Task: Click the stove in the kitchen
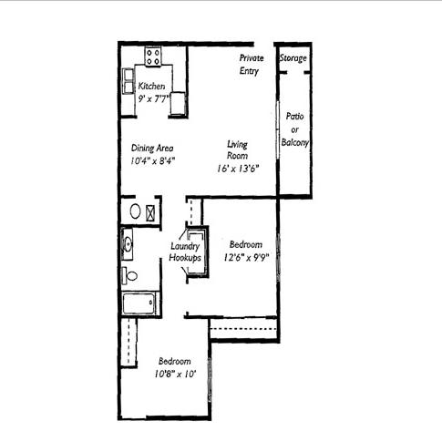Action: [x=153, y=57]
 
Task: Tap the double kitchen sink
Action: [x=128, y=80]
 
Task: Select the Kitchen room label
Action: [x=151, y=86]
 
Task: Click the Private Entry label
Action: [x=251, y=64]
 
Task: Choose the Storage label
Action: [x=293, y=58]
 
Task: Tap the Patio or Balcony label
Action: [x=294, y=129]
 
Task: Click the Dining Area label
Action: [x=152, y=149]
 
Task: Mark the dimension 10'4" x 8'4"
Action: [x=153, y=160]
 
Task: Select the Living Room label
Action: [x=237, y=149]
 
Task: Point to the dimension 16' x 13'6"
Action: [x=238, y=169]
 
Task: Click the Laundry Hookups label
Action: [x=185, y=252]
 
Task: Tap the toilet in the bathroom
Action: [x=129, y=275]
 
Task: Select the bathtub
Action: [x=139, y=303]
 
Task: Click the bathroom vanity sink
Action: [x=128, y=243]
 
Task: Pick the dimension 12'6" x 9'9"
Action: [x=247, y=258]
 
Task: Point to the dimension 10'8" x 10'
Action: [x=174, y=374]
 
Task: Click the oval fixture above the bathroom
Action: [x=135, y=211]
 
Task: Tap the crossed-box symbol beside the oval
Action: [x=150, y=213]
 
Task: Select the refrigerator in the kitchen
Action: [x=178, y=104]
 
